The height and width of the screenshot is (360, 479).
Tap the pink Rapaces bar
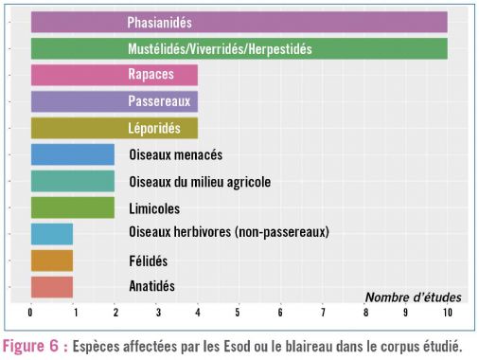[x=114, y=75]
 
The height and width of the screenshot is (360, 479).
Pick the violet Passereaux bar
[x=114, y=101]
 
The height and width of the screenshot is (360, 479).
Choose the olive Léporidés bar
[x=114, y=128]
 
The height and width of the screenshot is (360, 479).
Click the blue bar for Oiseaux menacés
[x=72, y=154]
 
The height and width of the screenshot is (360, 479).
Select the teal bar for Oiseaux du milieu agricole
[x=72, y=181]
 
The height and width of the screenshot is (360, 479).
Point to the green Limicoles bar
[x=72, y=207]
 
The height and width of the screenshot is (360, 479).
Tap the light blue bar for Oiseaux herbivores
[x=52, y=233]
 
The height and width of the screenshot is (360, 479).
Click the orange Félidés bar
[x=52, y=260]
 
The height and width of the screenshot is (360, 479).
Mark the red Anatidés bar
[x=52, y=286]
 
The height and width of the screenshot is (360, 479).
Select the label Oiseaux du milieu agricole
[x=199, y=181]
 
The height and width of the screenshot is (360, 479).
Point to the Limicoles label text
[x=154, y=207]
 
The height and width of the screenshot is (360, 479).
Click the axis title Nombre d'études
[x=409, y=296]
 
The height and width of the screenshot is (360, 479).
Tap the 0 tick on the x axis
[x=31, y=311]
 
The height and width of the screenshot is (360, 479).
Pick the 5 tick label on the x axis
[x=239, y=311]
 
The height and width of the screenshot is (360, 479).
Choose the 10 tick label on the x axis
[x=447, y=311]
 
